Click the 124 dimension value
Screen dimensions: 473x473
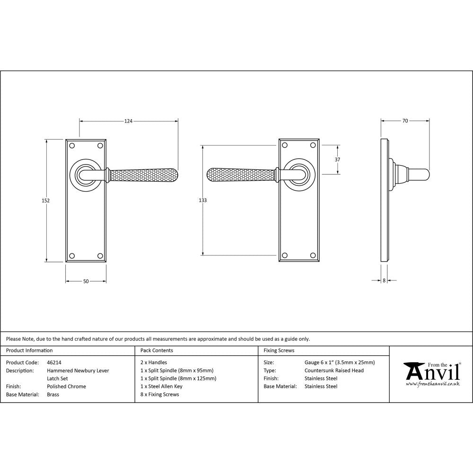click(x=128, y=122)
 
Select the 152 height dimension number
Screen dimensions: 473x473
click(x=45, y=201)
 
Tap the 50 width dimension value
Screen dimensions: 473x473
click(x=86, y=281)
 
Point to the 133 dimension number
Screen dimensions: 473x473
click(x=202, y=201)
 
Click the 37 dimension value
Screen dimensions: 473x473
click(x=337, y=160)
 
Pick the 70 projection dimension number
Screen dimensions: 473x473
click(x=405, y=121)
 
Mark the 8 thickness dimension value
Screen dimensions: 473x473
click(x=384, y=280)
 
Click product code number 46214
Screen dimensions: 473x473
click(x=54, y=363)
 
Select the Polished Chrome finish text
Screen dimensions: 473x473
click(x=66, y=386)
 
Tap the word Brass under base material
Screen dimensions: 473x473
click(x=53, y=394)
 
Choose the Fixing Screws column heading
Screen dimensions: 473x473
click(x=279, y=350)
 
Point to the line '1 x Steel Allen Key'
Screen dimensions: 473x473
click(x=161, y=386)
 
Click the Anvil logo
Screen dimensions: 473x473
click(x=431, y=373)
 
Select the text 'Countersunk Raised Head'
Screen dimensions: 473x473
click(x=334, y=371)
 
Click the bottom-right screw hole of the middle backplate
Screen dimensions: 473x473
click(x=313, y=256)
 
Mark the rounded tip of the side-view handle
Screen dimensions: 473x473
click(x=427, y=175)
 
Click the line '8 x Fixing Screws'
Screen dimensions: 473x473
click(x=160, y=394)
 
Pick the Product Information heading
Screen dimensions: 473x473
click(x=29, y=350)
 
